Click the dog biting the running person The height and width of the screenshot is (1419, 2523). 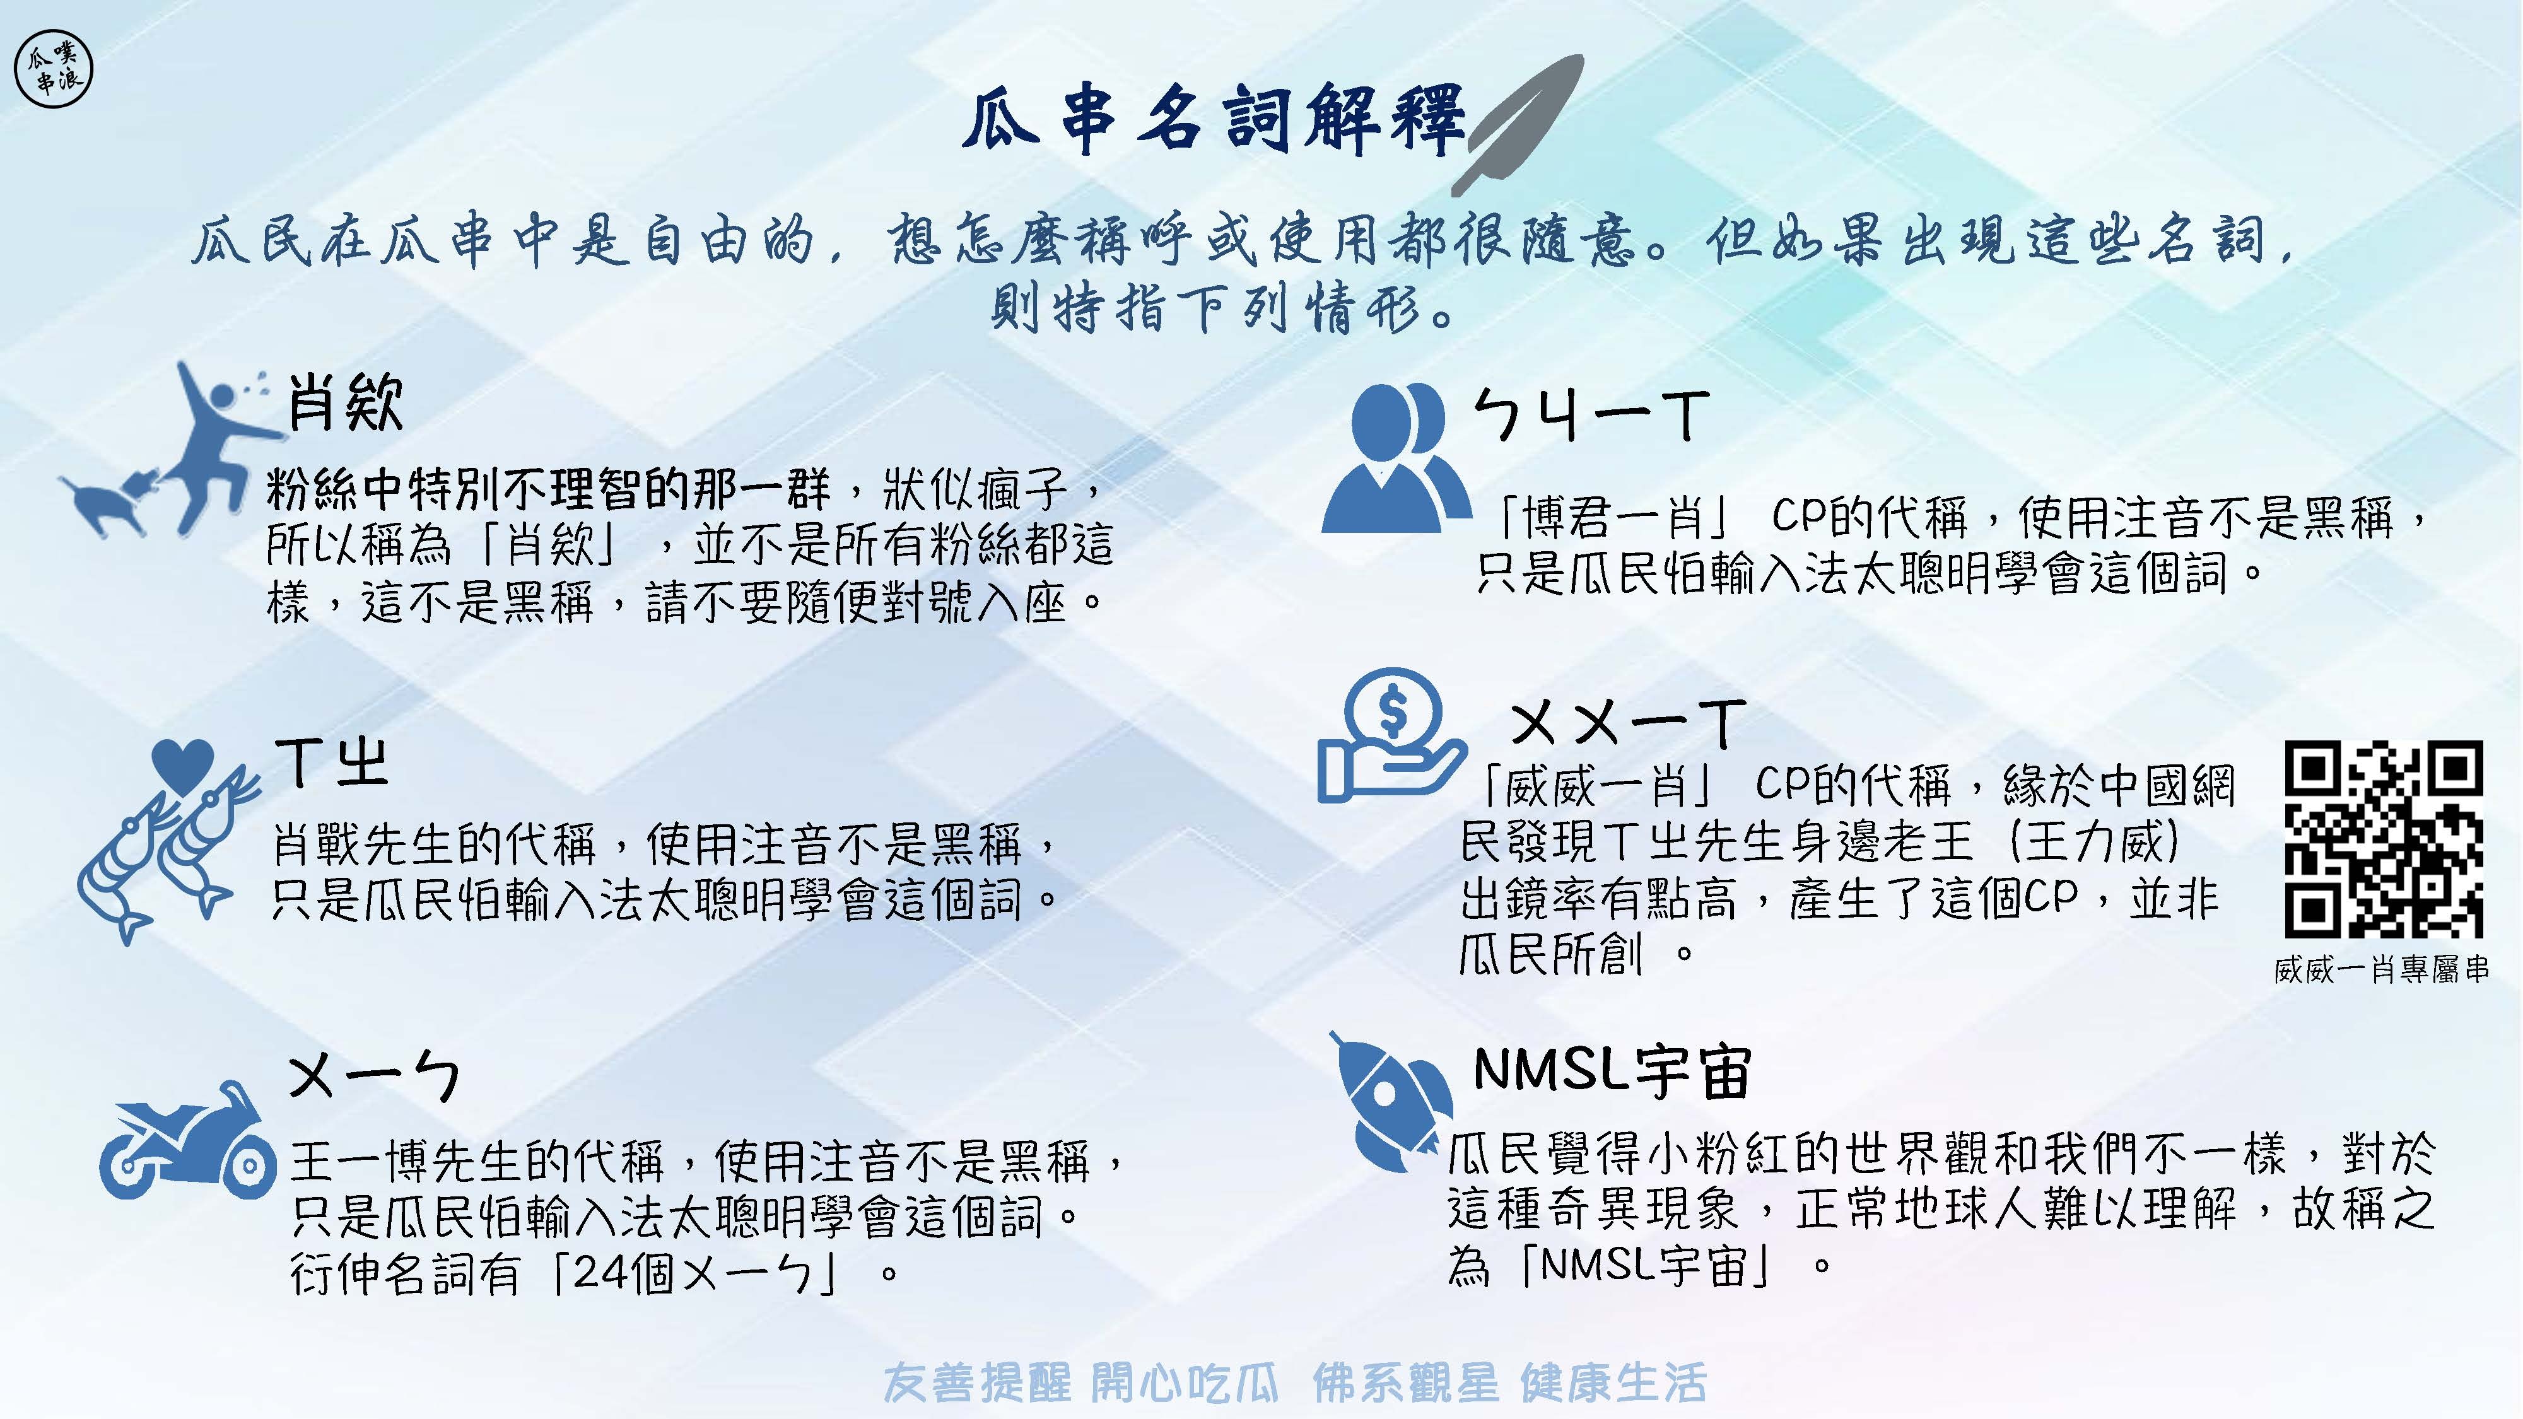pos(108,501)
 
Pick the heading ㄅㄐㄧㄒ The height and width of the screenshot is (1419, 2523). pos(1591,416)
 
